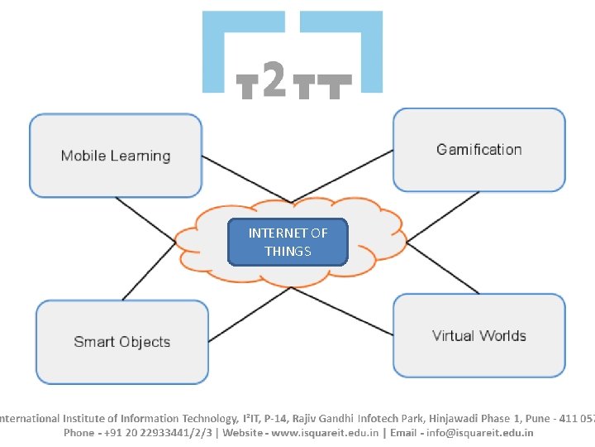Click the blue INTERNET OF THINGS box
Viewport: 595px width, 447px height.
[x=288, y=242]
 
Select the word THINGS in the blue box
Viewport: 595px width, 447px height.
[x=288, y=251]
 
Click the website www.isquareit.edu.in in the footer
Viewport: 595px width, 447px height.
[x=314, y=432]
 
